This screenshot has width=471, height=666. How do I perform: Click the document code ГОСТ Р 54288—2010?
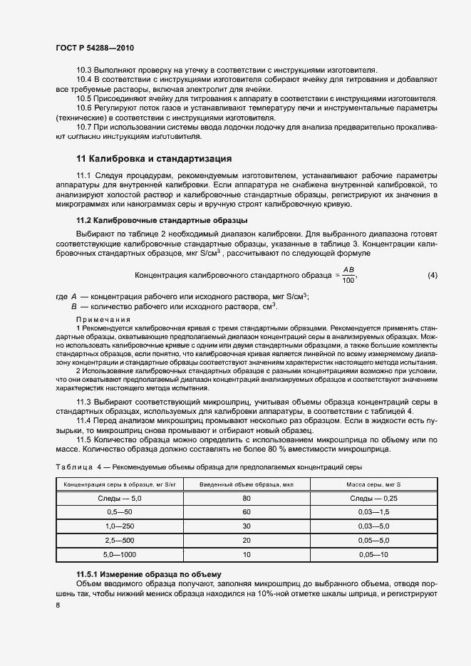coord(94,48)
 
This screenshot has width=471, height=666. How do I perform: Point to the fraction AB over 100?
coord(348,275)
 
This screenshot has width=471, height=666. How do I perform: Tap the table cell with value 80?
coord(247,498)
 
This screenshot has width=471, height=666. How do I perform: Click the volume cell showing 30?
coord(247,526)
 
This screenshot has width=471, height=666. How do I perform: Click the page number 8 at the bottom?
coord(58,605)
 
